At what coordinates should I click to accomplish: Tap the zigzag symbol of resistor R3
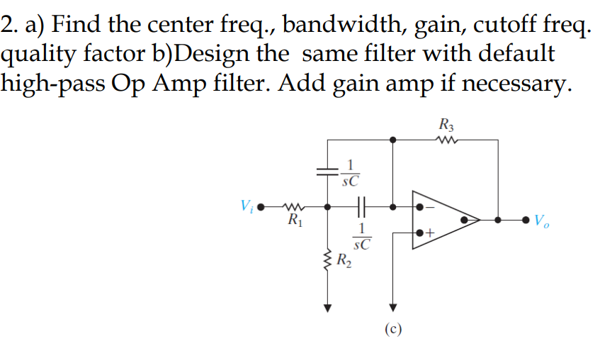coord(447,140)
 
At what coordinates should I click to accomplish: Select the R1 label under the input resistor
coord(293,220)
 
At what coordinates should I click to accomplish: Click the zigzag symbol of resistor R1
coord(293,208)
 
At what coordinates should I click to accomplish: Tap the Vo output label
coord(543,220)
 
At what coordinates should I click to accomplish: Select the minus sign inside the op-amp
coord(430,208)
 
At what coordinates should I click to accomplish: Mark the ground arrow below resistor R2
coord(328,307)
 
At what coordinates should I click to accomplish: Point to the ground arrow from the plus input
coord(393,307)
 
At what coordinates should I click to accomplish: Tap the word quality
coord(38,56)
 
